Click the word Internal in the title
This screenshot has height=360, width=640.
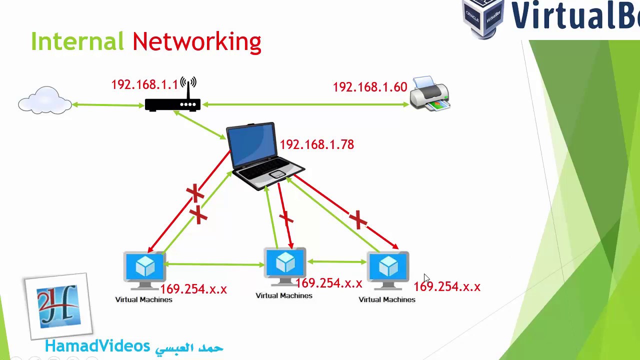77,41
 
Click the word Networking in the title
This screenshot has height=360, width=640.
196,42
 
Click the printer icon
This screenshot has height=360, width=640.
429,93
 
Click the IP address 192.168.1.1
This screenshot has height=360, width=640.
144,84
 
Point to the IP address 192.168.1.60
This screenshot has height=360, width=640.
369,87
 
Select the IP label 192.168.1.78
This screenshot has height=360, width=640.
316,144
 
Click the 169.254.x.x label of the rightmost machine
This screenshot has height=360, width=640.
446,286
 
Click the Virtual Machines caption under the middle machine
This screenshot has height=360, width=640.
284,295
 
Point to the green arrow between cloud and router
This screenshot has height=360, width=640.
108,105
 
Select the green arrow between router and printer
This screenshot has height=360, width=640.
305,104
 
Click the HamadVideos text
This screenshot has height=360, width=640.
97,345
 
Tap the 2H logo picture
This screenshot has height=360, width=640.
58,305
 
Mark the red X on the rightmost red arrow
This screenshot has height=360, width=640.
358,219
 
